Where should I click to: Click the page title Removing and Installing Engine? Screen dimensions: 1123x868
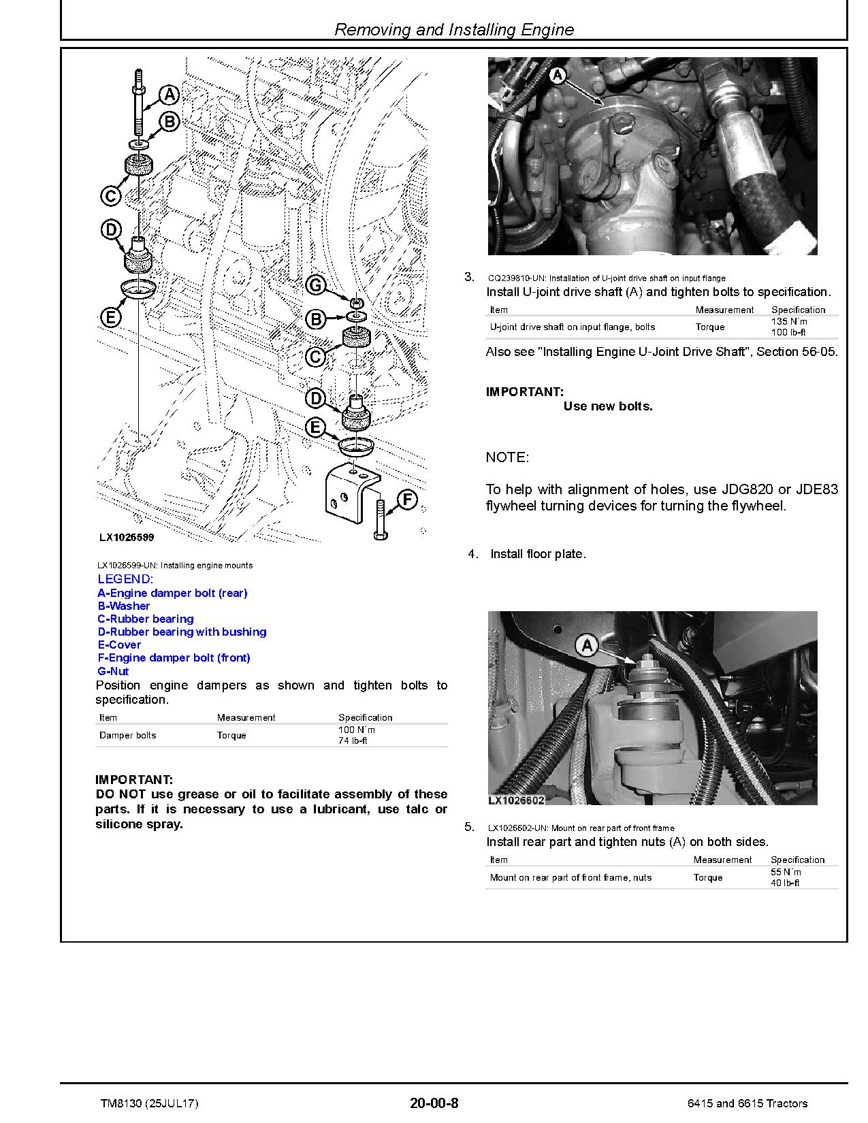click(454, 30)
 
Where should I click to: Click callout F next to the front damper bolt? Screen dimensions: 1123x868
click(406, 500)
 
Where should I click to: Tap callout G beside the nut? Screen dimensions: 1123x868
click(316, 285)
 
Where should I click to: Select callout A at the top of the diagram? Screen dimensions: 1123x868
click(169, 95)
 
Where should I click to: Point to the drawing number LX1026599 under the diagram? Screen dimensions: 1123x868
click(127, 537)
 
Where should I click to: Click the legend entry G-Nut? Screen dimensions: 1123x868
click(113, 671)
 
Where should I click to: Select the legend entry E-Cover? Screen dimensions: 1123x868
click(119, 645)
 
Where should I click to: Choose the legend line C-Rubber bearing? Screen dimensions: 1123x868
click(146, 619)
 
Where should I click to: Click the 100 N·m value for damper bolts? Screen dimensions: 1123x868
click(357, 730)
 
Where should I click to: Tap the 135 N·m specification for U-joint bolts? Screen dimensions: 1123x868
click(788, 321)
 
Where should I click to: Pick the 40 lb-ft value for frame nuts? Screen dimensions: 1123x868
click(785, 883)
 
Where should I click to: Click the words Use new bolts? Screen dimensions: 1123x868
click(608, 406)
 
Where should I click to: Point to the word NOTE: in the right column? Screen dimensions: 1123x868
click(507, 457)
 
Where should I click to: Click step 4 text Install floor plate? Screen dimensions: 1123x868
click(538, 554)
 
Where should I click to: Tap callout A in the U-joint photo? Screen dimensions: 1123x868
click(558, 76)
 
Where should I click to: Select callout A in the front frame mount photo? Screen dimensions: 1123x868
click(587, 646)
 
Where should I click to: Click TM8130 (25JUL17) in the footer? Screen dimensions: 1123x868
click(149, 1103)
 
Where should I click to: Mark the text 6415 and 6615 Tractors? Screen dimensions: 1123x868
click(748, 1103)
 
